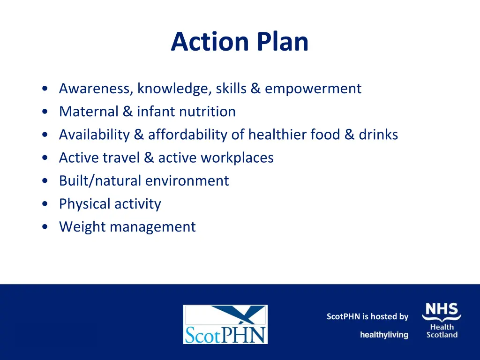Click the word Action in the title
coord(210,42)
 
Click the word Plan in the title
coord(282,42)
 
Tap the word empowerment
coord(313,89)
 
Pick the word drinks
coord(378,135)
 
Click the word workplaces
coord(237,158)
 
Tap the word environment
coord(187,181)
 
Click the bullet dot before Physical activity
coord(44,204)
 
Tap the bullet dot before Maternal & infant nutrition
coord(44,112)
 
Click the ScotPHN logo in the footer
coord(225,324)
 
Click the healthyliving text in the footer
coord(384,335)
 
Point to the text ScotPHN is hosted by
coord(367,317)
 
